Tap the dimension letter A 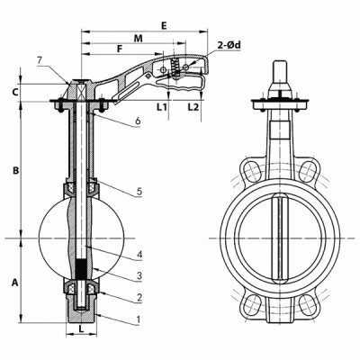(x=16, y=282)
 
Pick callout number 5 (x=138, y=192)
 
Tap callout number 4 (x=138, y=254)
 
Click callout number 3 (x=138, y=274)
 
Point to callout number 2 (x=138, y=296)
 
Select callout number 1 (x=138, y=319)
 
